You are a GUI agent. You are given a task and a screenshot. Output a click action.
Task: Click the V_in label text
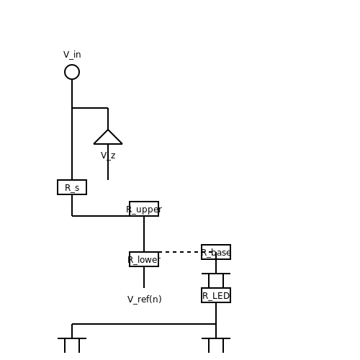click(72, 55)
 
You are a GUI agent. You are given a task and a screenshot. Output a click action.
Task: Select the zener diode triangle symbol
click(108, 143)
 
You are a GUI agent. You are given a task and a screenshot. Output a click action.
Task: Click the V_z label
click(108, 156)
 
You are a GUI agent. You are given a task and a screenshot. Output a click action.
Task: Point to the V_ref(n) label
click(145, 300)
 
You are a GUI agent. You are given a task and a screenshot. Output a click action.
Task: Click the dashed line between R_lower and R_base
click(180, 252)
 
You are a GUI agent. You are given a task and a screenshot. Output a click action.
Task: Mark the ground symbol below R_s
click(72, 338)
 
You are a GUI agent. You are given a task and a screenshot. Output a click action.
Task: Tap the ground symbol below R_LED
click(216, 338)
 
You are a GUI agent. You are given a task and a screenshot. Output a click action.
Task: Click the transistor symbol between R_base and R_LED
click(216, 274)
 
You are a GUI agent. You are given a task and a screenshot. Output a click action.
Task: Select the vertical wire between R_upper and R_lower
click(144, 234)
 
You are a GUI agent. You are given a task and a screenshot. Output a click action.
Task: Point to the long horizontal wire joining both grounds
click(144, 324)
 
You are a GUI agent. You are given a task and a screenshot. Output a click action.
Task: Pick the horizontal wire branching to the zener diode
click(90, 108)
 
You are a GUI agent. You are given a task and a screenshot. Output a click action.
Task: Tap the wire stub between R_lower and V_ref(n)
click(144, 277)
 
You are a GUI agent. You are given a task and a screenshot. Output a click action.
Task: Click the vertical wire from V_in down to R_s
click(72, 130)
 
